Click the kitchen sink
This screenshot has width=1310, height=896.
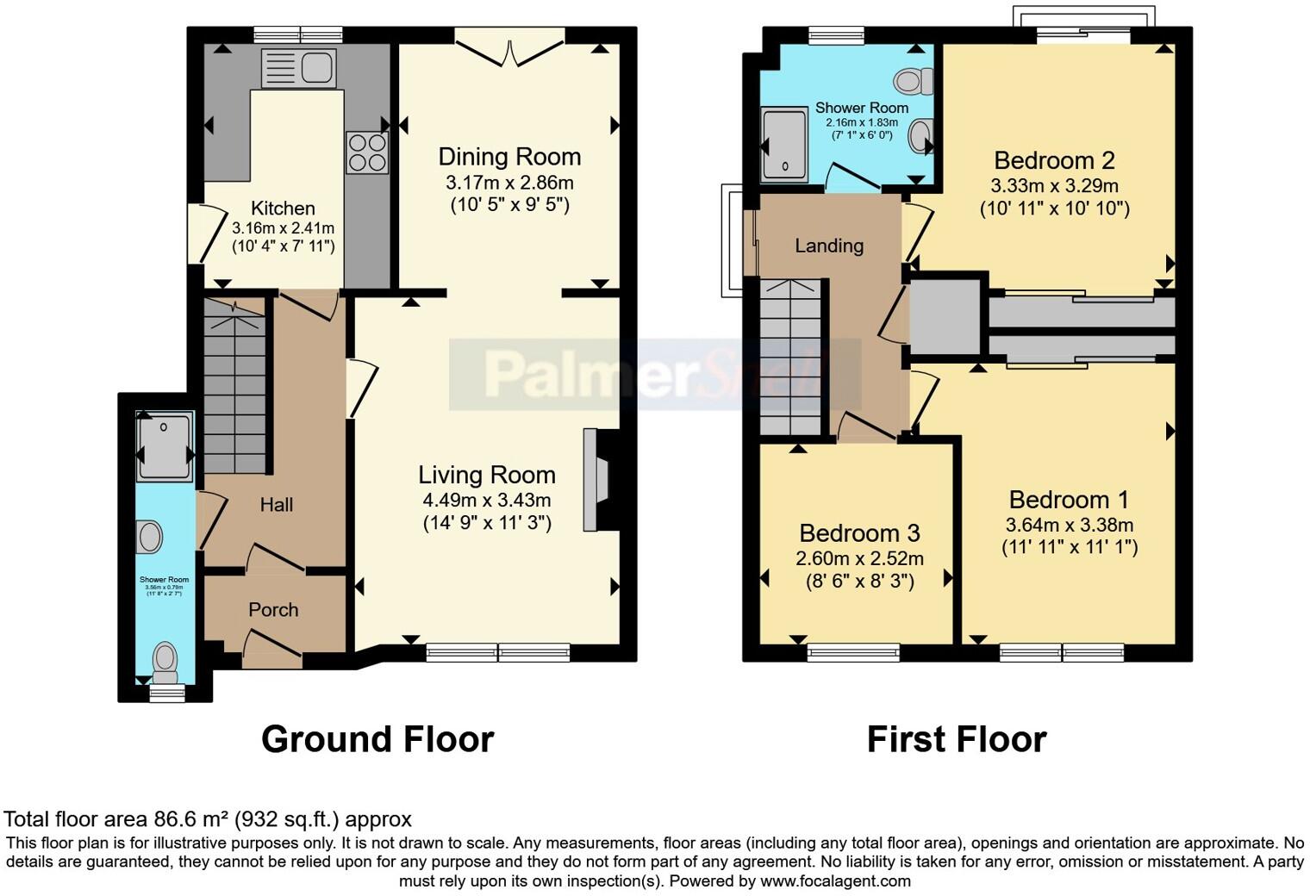click(x=298, y=67)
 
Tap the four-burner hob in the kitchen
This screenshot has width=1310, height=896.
click(x=367, y=152)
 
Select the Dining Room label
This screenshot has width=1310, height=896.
click(x=509, y=157)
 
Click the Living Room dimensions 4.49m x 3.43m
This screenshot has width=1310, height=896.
click(x=486, y=500)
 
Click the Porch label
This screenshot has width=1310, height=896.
click(x=273, y=609)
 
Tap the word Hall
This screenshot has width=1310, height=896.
click(x=277, y=505)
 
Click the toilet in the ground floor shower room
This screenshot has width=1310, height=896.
click(x=164, y=661)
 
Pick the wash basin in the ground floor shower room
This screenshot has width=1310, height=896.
click(x=149, y=537)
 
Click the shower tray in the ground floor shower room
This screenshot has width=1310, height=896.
click(x=165, y=445)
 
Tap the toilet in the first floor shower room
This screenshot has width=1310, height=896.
click(x=913, y=82)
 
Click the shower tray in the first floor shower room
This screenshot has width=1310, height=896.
click(x=784, y=146)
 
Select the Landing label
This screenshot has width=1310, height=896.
click(x=828, y=246)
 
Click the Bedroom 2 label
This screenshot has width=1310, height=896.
click(x=1054, y=160)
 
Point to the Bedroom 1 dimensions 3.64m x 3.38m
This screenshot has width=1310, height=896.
click(x=1069, y=525)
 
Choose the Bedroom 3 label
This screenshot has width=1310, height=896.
click(x=859, y=533)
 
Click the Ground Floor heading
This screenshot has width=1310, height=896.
click(x=377, y=739)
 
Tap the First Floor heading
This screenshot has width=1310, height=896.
click(x=956, y=739)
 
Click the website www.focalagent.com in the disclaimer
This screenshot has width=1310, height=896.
click(x=834, y=880)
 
